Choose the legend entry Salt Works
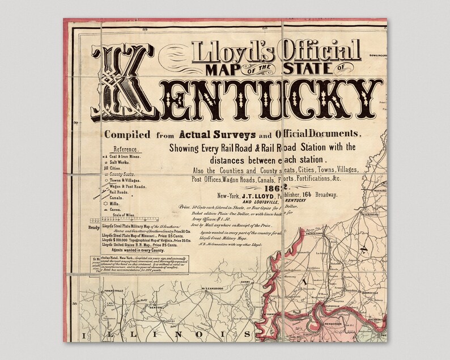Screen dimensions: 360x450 click(x=120, y=163)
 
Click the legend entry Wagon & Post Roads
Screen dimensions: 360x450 click(x=128, y=186)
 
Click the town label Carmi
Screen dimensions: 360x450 click(x=245, y=281)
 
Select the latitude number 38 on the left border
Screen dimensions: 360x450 click(x=75, y=304)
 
